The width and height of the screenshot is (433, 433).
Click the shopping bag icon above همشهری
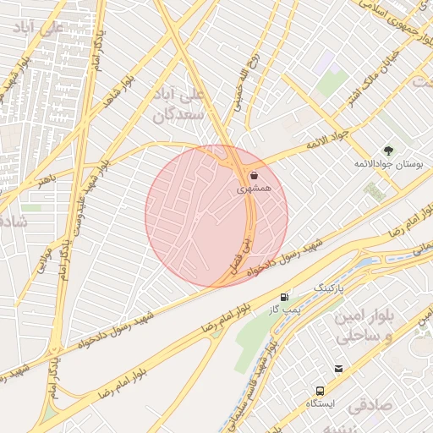pos(255,175)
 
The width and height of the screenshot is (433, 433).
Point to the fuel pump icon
pos(285,298)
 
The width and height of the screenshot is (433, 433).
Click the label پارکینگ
pos(331,289)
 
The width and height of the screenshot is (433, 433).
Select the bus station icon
pos(320,391)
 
